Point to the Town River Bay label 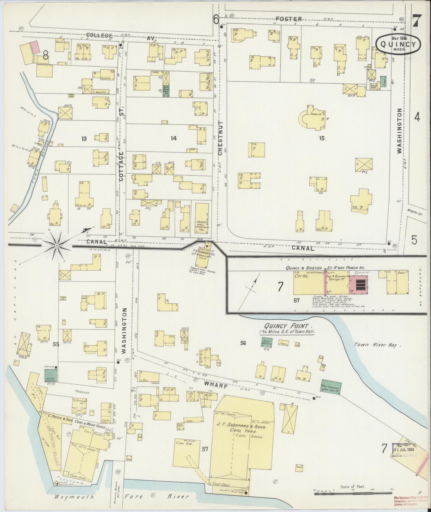(x=378, y=345)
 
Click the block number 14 (x=174, y=138)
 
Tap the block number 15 (x=321, y=138)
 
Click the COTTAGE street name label (x=121, y=166)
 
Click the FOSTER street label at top (x=289, y=19)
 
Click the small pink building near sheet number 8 (x=34, y=47)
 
